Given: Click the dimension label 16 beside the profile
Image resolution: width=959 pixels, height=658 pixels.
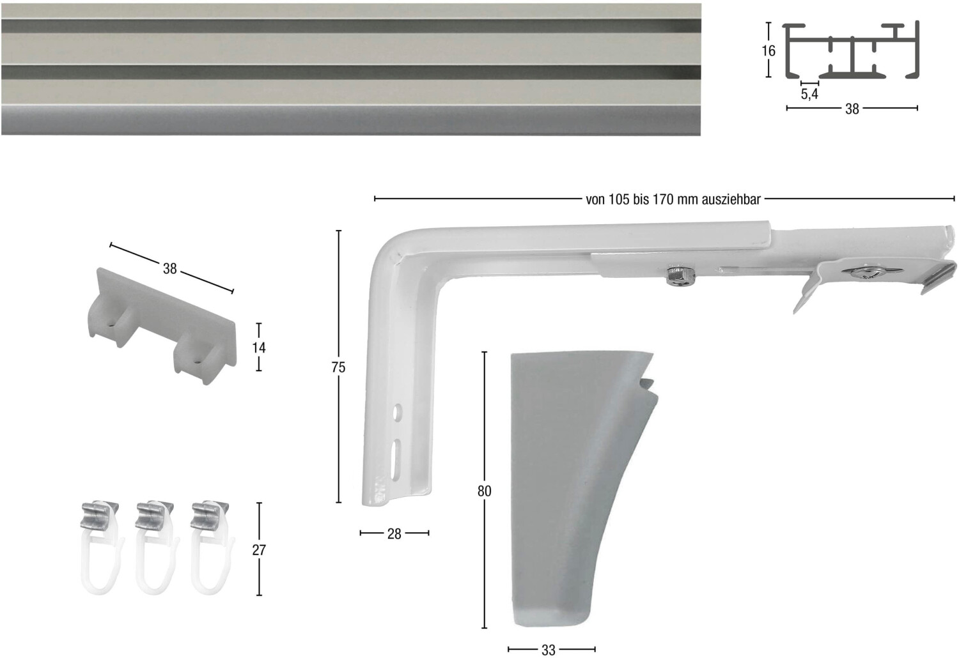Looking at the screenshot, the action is coord(768,51).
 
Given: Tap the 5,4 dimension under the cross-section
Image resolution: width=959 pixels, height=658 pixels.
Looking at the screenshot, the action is coord(809,94).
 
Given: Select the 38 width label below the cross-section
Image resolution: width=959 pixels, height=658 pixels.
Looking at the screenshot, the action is coord(852,109).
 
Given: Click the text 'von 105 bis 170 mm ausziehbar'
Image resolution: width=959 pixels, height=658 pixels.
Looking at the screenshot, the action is coord(673,200).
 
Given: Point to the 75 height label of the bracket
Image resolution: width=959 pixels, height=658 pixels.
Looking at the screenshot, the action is coord(338,367).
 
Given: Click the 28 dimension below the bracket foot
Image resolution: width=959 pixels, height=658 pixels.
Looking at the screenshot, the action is coord(394,534).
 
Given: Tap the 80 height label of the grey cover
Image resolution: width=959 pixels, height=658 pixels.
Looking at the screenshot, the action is coord(484,491).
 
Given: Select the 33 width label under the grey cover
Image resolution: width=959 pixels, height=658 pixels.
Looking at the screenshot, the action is coord(549,650).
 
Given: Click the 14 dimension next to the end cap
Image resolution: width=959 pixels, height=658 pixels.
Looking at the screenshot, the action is coord(258,348).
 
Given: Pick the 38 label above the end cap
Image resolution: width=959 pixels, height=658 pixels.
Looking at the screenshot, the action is coord(170,269).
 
